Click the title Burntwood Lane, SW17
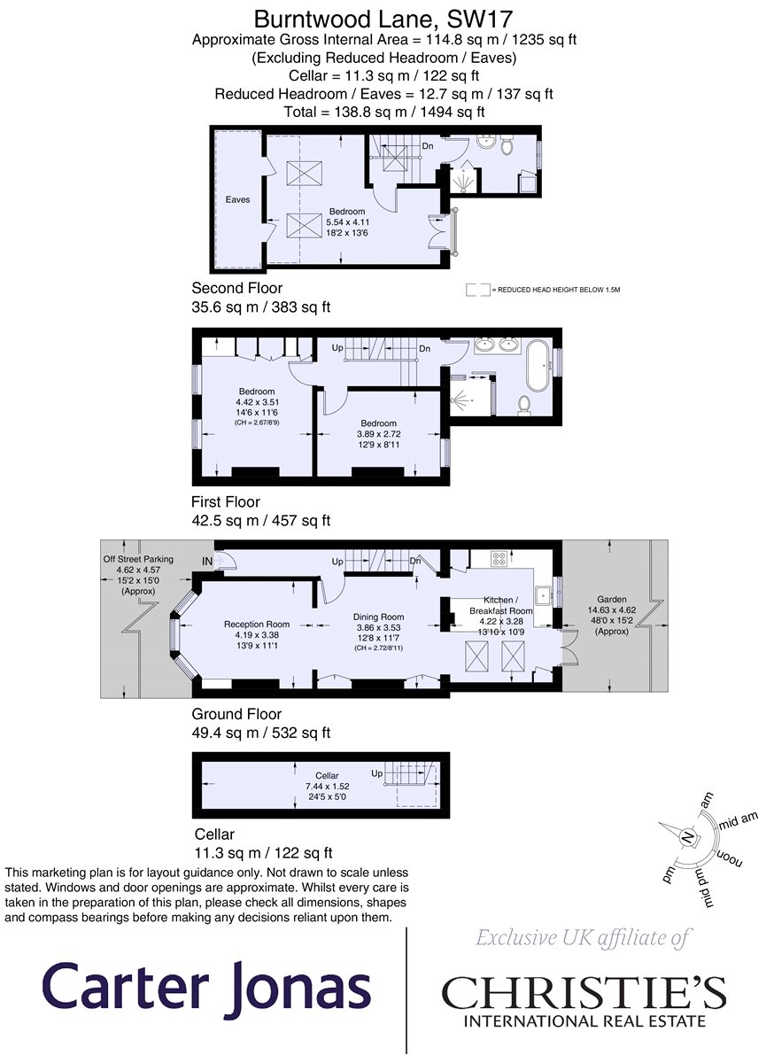point(383,19)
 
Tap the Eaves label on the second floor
point(237,200)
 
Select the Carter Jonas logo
point(207,986)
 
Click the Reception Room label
point(257,624)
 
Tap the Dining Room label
point(378,617)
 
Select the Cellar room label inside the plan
point(327,775)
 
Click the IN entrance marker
point(207,562)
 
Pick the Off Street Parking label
point(138,559)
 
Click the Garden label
point(612,600)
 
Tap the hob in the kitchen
point(499,558)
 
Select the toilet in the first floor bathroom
point(524,406)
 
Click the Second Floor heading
point(236,288)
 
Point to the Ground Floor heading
point(236,714)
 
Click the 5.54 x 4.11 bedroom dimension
point(348,222)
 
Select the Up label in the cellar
point(376,773)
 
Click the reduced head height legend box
point(477,290)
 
